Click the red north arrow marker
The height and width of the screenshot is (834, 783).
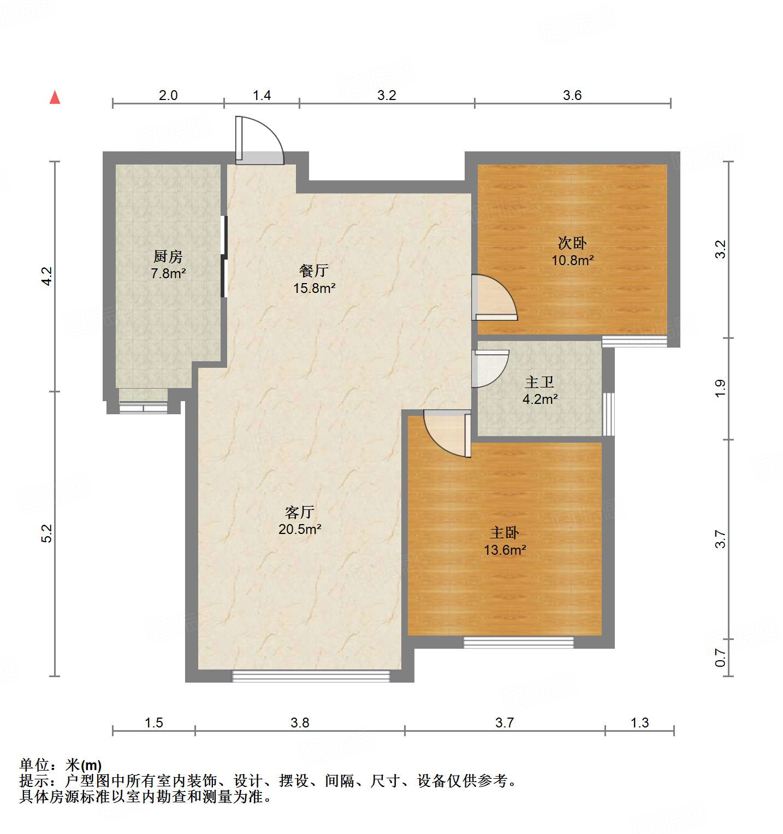coord(55,98)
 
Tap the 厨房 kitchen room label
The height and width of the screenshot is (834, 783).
coord(168,256)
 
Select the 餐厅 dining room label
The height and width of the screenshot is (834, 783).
coord(314,271)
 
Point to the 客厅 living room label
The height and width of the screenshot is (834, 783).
coord(299,512)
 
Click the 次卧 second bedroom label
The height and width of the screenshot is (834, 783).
coord(572,243)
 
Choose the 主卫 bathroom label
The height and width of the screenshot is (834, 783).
coord(539,382)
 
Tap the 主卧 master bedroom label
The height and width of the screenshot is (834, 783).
coord(505,533)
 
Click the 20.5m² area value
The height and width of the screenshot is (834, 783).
coord(299,529)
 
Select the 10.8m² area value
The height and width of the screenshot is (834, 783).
coord(572,260)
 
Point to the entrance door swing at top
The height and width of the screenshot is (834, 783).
coord(259,140)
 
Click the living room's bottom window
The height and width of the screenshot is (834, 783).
coord(311,676)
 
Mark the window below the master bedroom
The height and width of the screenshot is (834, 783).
coord(518,642)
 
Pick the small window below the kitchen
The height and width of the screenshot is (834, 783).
coord(143,407)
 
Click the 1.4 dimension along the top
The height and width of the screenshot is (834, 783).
coord(262,95)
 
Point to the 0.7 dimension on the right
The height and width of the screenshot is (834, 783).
coord(721,657)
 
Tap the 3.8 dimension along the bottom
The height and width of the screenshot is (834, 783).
coord(300,723)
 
